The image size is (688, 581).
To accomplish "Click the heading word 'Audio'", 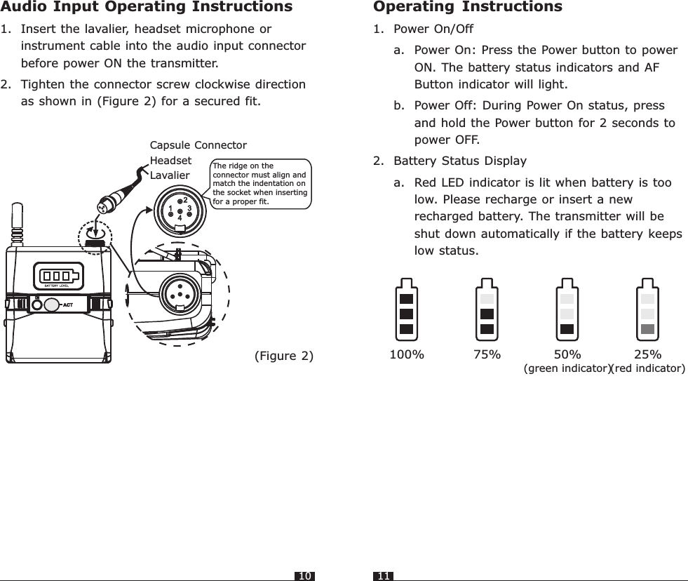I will [x=25, y=8].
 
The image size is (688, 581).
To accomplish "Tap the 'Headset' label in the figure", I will [x=171, y=160].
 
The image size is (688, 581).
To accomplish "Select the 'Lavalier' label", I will [x=170, y=175].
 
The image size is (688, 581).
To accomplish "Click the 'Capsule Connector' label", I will [x=198, y=145].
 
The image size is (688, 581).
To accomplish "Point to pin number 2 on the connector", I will [x=185, y=200].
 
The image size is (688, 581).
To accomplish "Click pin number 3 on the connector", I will [x=189, y=208].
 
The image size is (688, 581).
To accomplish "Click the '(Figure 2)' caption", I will [x=283, y=355].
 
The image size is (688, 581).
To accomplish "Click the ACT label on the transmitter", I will [x=69, y=305].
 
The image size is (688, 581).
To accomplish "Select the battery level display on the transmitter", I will [x=60, y=274].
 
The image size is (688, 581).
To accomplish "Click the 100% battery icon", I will [x=406, y=309].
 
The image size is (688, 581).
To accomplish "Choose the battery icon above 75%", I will [x=487, y=309].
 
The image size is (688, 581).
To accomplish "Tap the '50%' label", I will [x=567, y=354].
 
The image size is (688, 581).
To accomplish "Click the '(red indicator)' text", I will [x=649, y=368].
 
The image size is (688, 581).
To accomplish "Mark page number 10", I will [x=304, y=576].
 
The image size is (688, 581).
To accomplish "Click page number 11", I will [x=384, y=576].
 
